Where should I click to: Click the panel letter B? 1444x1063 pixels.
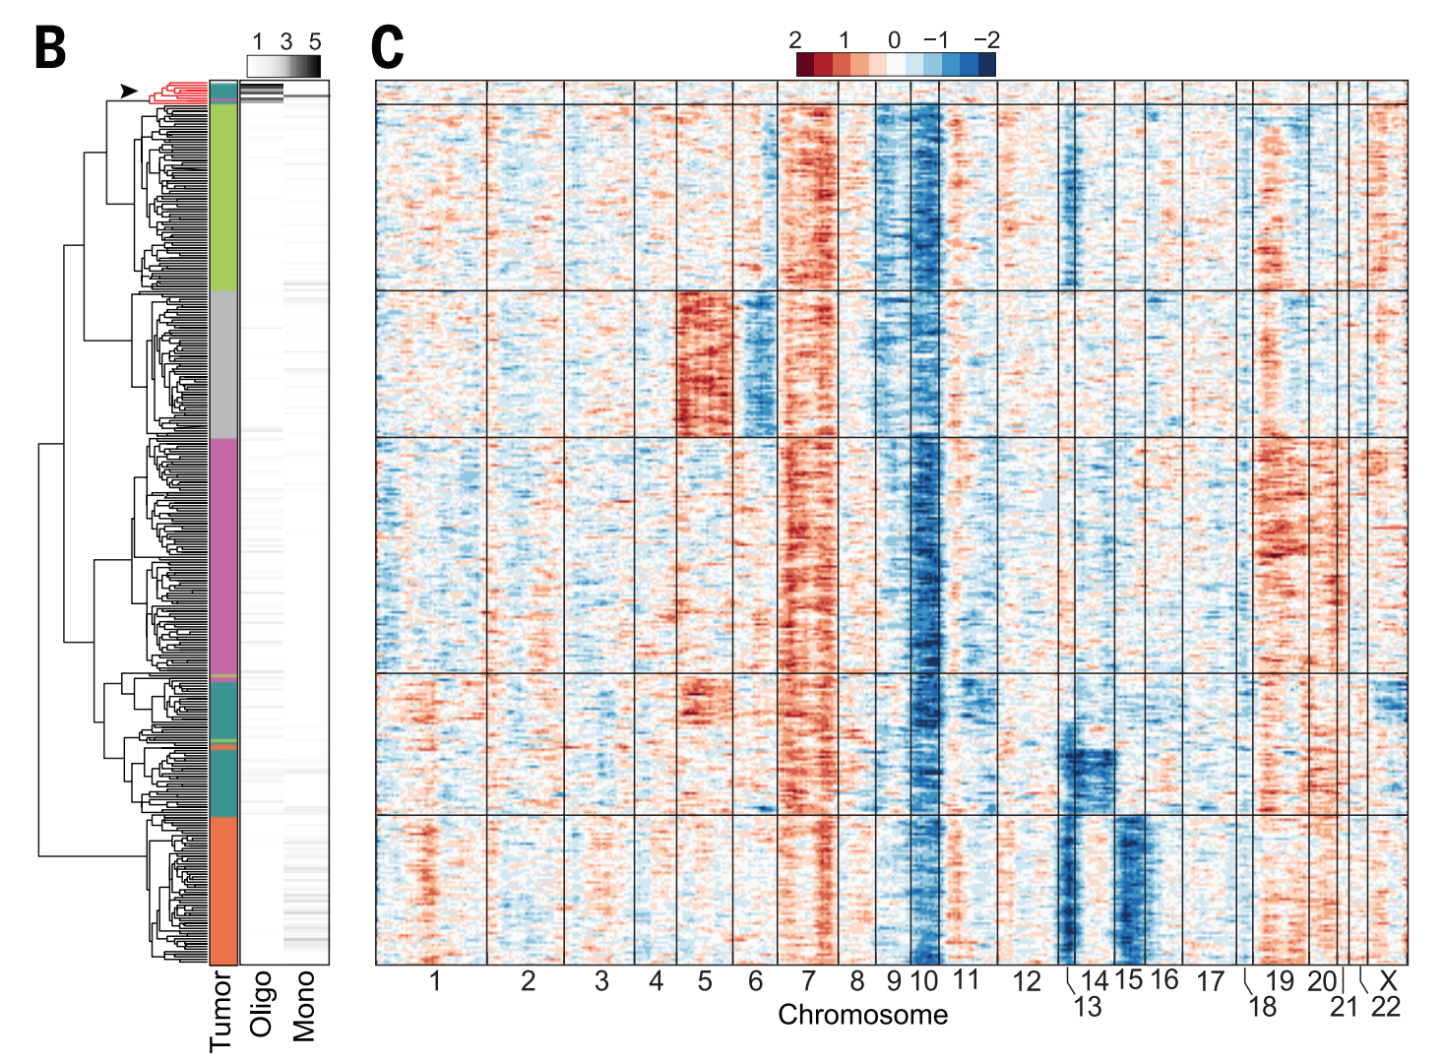click(x=50, y=47)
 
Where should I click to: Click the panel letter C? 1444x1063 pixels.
click(x=388, y=47)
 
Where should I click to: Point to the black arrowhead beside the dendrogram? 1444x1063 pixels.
click(x=128, y=91)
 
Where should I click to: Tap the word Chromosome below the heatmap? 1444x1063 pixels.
click(x=862, y=1015)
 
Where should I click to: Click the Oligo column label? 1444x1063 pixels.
click(x=261, y=1004)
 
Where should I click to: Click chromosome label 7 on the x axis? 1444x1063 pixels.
click(x=808, y=981)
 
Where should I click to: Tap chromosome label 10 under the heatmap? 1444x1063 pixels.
click(x=924, y=981)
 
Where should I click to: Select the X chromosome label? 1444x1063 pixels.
click(x=1388, y=981)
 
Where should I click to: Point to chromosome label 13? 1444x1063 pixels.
click(x=1088, y=1007)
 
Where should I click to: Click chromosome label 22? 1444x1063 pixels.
click(x=1385, y=1007)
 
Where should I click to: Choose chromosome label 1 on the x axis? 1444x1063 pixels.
click(x=434, y=981)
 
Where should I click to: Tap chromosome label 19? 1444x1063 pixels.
click(x=1280, y=981)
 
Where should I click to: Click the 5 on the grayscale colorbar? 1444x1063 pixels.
click(x=315, y=41)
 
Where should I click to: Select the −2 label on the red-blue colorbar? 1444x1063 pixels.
click(x=985, y=40)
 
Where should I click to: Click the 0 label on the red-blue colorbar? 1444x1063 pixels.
click(x=894, y=40)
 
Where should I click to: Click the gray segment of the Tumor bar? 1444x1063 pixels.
click(x=223, y=364)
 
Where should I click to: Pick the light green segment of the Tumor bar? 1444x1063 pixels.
click(x=223, y=197)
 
